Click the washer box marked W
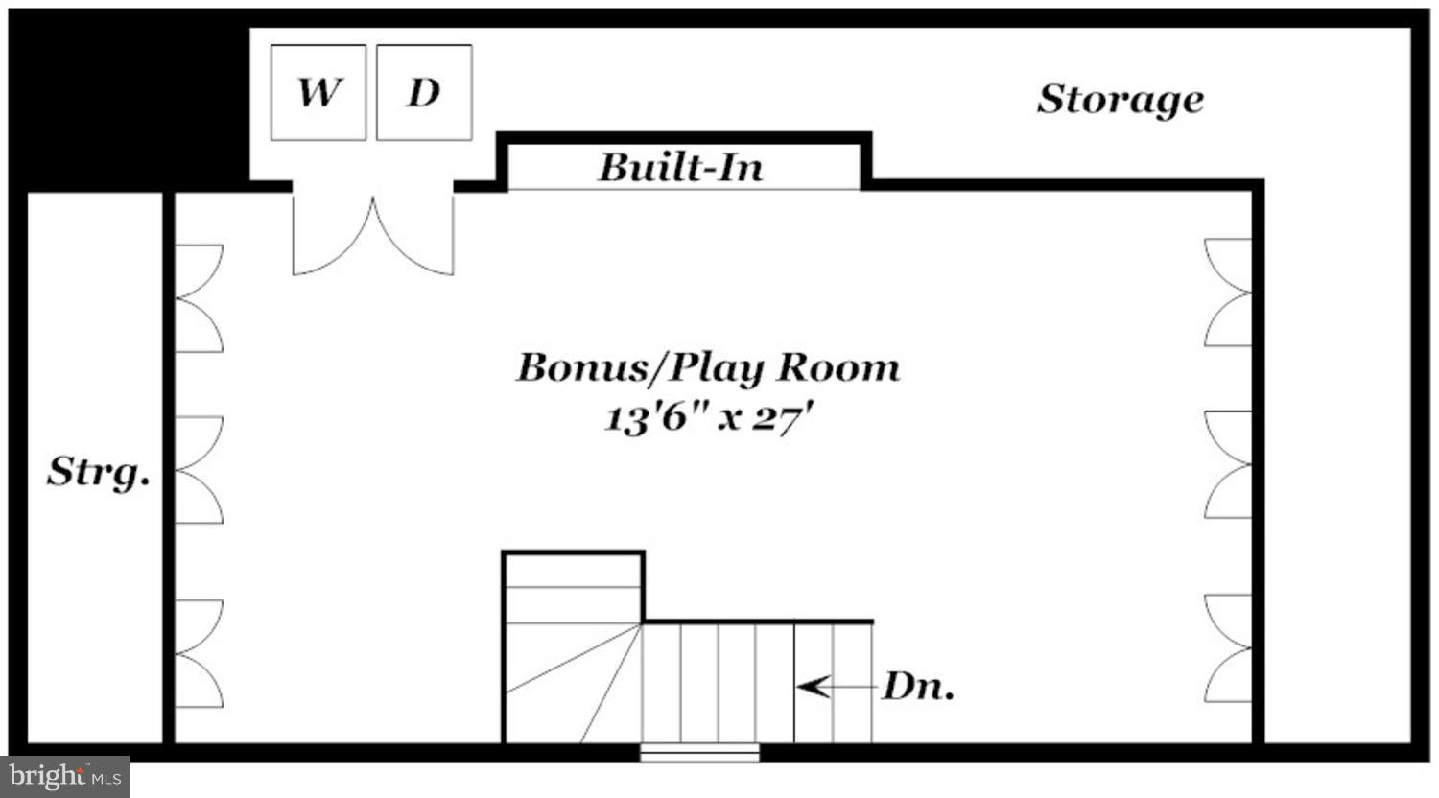pos(318,93)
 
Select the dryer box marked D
pos(424,93)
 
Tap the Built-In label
pos(681,168)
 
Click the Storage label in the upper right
pos(1121,99)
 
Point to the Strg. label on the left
pos(98,471)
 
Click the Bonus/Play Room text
pos(708,367)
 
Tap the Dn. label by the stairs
pos(918,687)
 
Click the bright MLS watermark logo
pos(64,776)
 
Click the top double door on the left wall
pos(199,298)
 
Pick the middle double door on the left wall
pos(199,470)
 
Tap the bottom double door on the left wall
pos(199,653)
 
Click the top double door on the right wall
pos(1229,293)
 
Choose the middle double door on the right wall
pos(1229,464)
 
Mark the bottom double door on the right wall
pos(1229,648)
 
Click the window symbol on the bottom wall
pos(699,753)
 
